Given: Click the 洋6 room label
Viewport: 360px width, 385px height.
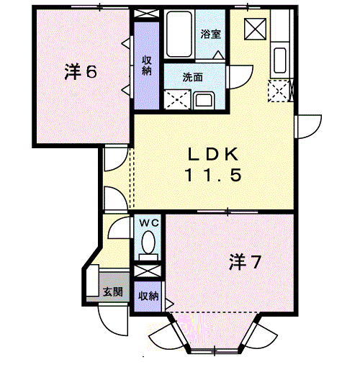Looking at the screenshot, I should coord(80,72).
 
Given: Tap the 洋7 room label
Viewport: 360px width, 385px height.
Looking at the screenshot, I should coord(245,262).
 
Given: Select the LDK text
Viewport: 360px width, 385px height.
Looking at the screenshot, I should coord(212,153).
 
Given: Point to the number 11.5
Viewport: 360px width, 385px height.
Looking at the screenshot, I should coord(212,174).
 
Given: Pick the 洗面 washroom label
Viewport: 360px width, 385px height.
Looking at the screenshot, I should coord(192,77).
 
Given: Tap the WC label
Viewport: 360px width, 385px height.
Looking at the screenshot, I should coord(149,223).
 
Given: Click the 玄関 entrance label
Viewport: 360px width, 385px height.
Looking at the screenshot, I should coord(112,292).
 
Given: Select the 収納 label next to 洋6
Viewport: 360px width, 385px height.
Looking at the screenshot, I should coord(146,65).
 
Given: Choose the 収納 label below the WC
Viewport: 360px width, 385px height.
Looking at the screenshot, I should coord(148,296).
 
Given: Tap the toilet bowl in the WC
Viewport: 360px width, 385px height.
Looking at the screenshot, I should coord(149,245).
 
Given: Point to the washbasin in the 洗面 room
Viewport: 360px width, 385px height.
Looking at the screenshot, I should coord(204,99).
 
